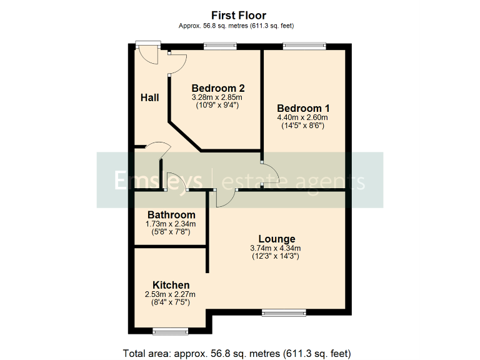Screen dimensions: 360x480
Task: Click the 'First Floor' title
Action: [x=239, y=15]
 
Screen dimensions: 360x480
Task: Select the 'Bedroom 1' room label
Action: [x=303, y=107]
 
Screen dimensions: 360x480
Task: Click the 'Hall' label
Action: [x=149, y=97]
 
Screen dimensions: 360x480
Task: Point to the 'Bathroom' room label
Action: [x=171, y=215]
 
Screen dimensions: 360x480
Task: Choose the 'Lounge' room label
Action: [x=277, y=239]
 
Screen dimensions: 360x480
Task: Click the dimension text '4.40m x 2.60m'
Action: [x=303, y=117]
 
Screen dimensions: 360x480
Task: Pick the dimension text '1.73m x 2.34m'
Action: [x=171, y=224]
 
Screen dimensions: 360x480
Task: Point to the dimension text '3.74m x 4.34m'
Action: [x=276, y=248]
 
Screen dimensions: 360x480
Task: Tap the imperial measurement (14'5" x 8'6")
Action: [x=303, y=126]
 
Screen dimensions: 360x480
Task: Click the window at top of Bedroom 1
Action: [x=304, y=45]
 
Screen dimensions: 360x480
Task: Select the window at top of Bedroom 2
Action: [x=221, y=45]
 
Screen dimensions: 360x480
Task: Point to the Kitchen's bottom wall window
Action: [x=171, y=331]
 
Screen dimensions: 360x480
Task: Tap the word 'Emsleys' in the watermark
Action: [x=158, y=181]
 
